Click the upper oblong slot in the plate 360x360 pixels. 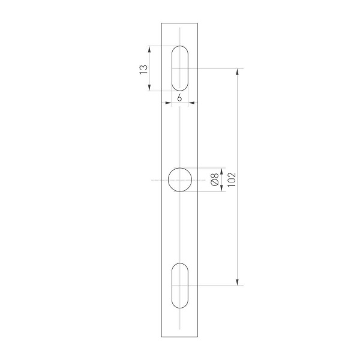pos(180,68)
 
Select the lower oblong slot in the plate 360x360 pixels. pos(180,286)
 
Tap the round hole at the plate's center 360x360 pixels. pos(180,180)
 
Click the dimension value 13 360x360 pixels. pos(143,69)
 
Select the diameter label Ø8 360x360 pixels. pos(214,180)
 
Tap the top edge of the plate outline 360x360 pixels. pos(180,23)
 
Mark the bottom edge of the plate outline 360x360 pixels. pos(180,337)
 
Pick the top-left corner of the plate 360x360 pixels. pos(161,23)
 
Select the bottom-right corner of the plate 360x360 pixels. pos(199,337)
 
